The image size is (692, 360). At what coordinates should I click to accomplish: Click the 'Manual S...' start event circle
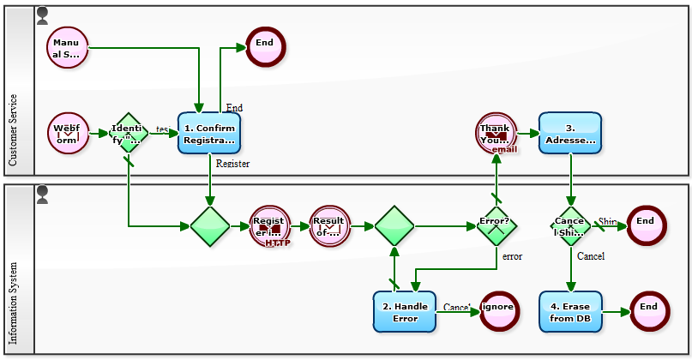[x=68, y=47]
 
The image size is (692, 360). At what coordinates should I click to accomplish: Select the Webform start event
[x=68, y=133]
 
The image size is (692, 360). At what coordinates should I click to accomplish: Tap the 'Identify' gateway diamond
[x=128, y=133]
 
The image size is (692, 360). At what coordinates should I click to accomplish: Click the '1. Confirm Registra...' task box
[x=209, y=133]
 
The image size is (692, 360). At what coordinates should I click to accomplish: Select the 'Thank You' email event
[x=496, y=133]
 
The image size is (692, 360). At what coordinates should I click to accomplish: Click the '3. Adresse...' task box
[x=570, y=133]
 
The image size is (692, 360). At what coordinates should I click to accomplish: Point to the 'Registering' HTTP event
[x=269, y=226]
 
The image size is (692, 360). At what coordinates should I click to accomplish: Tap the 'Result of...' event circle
[x=329, y=226]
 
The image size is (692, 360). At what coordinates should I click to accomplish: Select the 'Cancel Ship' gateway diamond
[x=570, y=226]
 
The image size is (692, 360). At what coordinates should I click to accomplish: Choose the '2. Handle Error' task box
[x=405, y=312]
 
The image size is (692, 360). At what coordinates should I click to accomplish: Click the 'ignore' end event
[x=499, y=312]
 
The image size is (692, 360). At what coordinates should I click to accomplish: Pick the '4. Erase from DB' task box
[x=570, y=312]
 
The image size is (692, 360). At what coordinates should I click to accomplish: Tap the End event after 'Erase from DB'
[x=649, y=312]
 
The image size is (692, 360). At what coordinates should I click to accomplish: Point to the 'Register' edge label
[x=232, y=164]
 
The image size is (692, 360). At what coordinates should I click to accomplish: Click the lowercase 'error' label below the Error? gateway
[x=512, y=255]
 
